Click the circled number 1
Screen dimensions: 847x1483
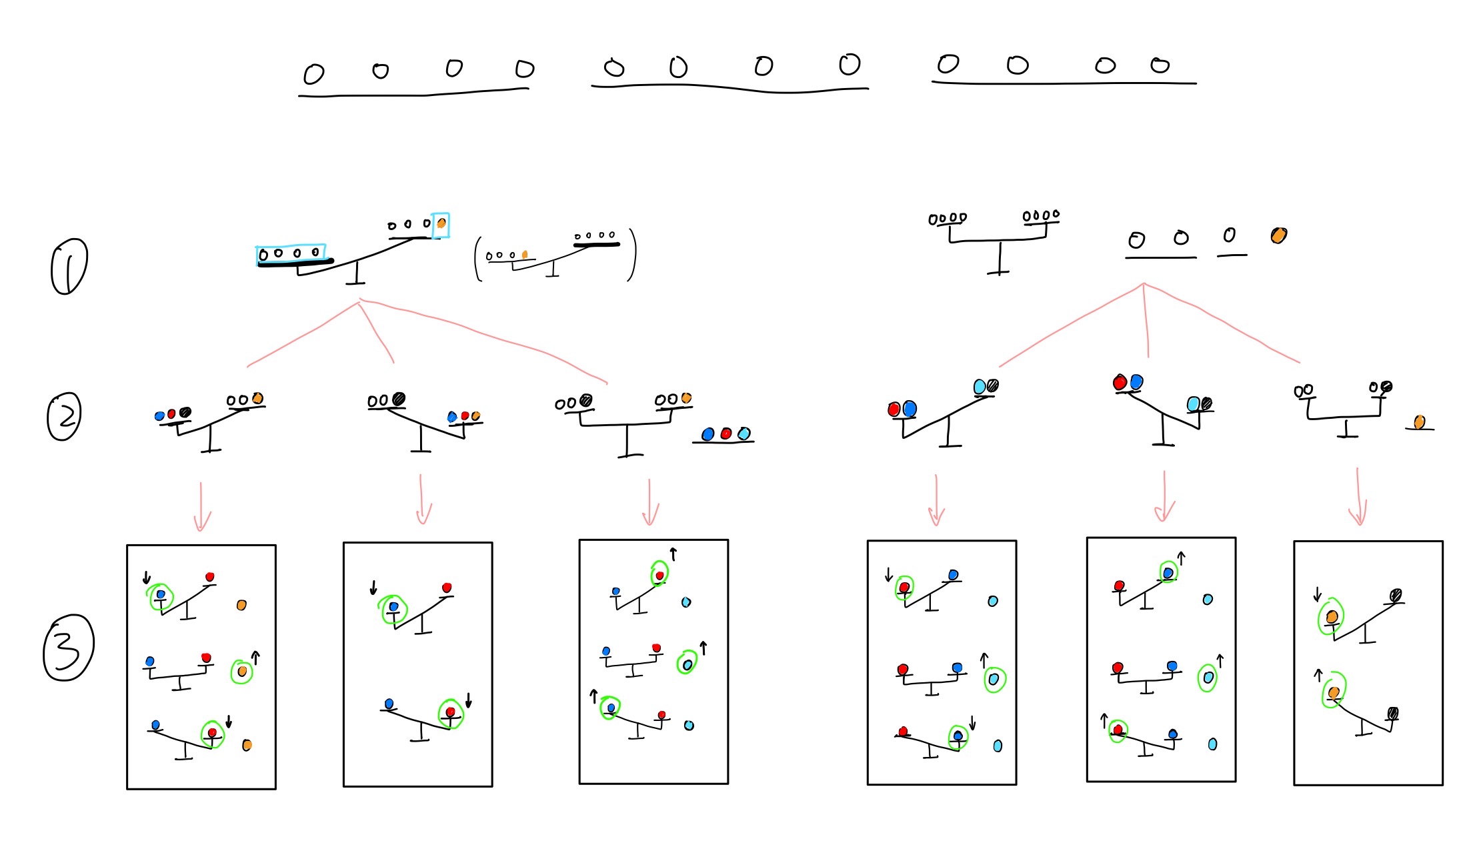69,266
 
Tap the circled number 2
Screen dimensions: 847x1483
65,416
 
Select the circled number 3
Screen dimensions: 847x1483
68,648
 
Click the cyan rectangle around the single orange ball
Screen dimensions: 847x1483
441,225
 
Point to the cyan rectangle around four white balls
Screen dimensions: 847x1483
291,253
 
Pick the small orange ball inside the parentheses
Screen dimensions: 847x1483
525,254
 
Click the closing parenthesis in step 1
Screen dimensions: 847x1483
632,255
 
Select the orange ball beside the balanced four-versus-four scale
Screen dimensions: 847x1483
1278,235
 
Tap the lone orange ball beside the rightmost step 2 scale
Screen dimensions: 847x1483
1420,421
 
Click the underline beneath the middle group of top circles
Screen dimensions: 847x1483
729,87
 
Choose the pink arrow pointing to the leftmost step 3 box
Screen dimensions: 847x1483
201,507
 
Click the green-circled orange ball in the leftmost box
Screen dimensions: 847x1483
242,671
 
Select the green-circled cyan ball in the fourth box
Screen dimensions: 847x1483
994,679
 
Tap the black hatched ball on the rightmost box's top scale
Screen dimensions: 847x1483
1396,595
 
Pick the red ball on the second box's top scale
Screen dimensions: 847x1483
447,588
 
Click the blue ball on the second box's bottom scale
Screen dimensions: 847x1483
389,704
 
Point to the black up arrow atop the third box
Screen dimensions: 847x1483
673,554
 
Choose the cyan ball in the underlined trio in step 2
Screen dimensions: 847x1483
744,434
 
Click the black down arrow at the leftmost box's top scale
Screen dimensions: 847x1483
147,578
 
